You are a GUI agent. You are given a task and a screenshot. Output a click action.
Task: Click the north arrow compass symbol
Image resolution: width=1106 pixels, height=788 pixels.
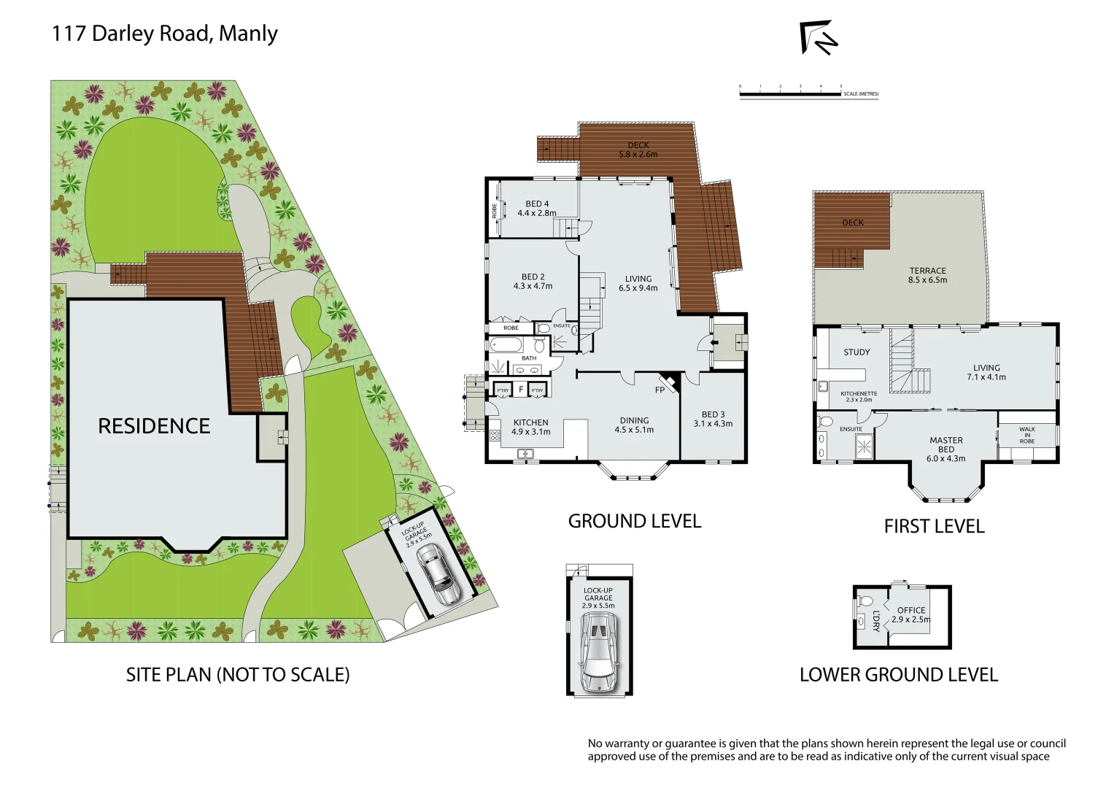819,38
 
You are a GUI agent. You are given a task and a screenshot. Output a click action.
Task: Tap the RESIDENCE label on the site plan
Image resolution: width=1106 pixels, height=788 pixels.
154,426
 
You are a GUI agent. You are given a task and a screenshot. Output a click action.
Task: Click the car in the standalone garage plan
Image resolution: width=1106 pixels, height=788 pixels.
598,651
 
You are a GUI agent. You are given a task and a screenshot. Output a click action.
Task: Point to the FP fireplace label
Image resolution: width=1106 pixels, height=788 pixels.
660,390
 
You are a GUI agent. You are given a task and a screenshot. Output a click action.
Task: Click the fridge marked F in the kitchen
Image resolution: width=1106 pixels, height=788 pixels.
520,390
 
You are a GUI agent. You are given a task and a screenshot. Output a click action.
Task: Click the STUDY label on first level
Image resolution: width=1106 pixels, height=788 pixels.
856,352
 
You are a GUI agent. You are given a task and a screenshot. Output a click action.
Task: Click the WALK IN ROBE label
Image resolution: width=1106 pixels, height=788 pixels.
1026,436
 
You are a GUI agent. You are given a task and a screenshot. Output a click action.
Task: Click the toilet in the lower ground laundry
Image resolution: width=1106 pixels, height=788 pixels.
866,602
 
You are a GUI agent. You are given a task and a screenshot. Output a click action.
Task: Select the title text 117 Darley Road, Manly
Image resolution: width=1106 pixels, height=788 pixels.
165,34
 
